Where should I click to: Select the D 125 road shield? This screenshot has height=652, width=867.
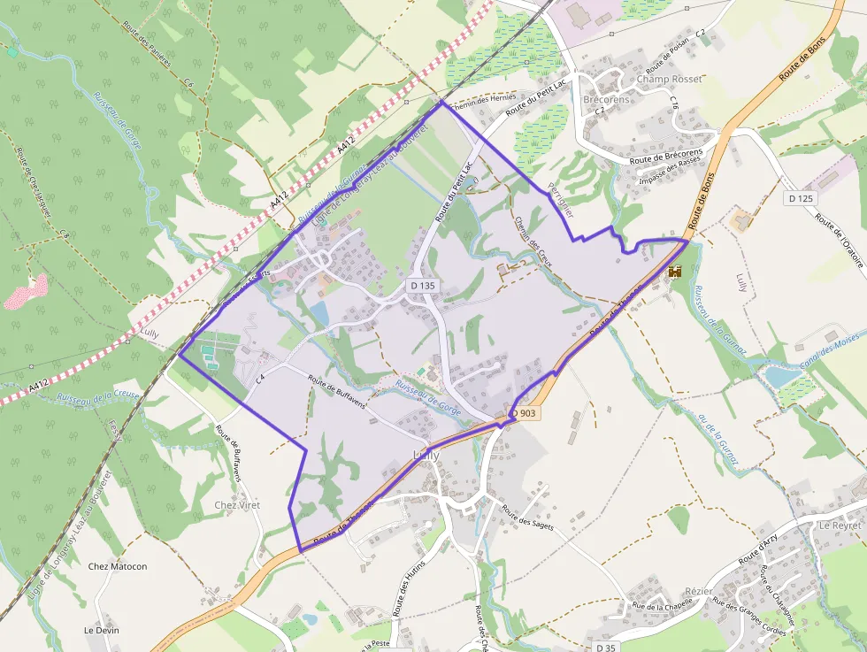pyautogui.click(x=799, y=199)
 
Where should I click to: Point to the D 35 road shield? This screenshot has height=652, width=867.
pyautogui.click(x=606, y=648)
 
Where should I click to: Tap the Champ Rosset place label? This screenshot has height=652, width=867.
pyautogui.click(x=669, y=79)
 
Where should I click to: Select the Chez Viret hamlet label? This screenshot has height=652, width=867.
pyautogui.click(x=237, y=504)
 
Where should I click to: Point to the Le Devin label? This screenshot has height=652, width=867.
pyautogui.click(x=101, y=630)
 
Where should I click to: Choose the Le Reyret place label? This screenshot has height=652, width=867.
pyautogui.click(x=840, y=525)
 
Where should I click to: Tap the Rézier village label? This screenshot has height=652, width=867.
pyautogui.click(x=698, y=590)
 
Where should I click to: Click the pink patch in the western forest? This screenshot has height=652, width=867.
pyautogui.click(x=26, y=291)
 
